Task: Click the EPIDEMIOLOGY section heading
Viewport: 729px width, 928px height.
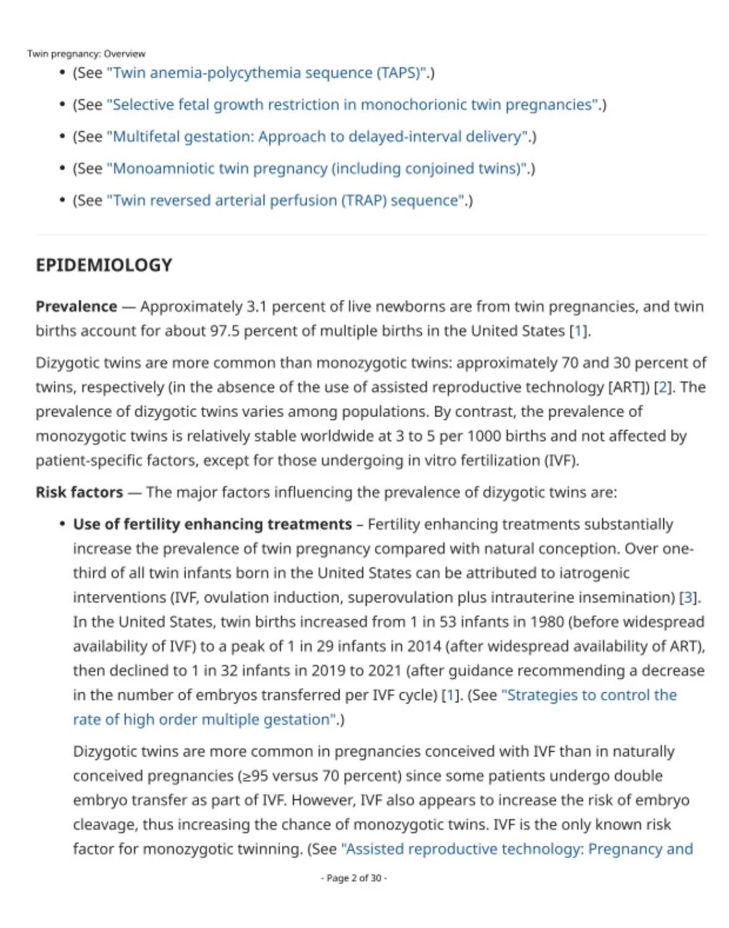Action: pos(104,265)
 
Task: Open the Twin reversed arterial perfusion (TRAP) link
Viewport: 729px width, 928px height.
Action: pos(286,200)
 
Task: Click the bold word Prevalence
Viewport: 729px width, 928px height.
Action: pos(76,307)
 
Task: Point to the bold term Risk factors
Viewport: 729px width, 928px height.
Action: pos(79,492)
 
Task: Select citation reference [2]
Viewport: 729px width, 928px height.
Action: pos(663,387)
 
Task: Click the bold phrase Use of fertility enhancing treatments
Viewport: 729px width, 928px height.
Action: pos(212,525)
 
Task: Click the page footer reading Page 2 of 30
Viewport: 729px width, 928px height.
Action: pos(354,878)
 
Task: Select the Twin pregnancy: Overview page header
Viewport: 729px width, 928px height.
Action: pos(86,54)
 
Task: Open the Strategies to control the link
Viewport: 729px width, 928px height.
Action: pos(589,695)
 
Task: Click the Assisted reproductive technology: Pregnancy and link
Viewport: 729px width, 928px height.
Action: pos(517,849)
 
